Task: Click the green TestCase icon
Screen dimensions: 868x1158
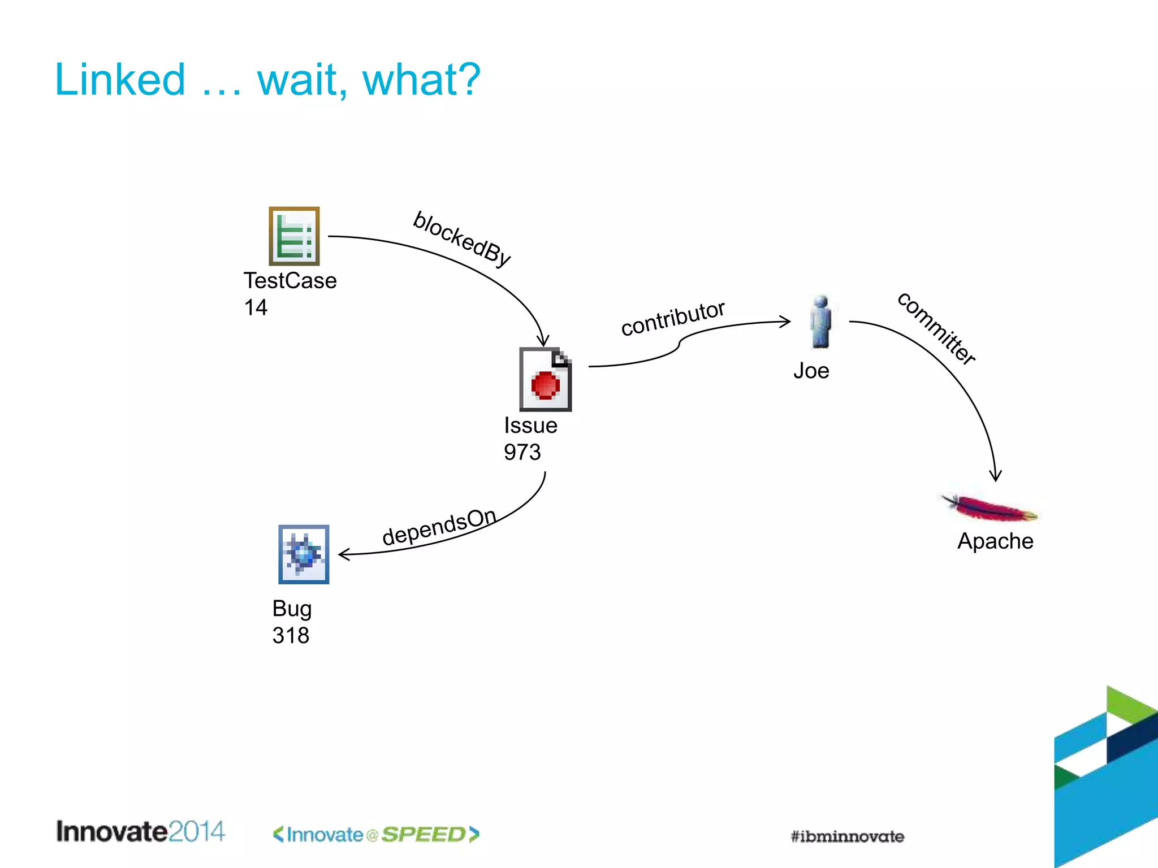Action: [294, 236]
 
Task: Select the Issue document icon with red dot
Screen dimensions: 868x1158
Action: [545, 379]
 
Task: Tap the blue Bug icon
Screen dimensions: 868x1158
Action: [304, 554]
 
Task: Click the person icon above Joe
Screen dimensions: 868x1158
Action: [820, 322]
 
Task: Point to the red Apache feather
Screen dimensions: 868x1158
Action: [988, 507]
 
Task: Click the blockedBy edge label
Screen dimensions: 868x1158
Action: [462, 239]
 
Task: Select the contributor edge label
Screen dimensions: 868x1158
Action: [672, 318]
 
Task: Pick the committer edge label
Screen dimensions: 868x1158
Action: [936, 328]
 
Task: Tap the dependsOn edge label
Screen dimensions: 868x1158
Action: [439, 527]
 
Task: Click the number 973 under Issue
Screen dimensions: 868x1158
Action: [522, 452]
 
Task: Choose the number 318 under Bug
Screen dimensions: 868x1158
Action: [291, 635]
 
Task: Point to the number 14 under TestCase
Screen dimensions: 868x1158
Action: [256, 307]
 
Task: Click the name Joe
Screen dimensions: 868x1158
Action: [811, 371]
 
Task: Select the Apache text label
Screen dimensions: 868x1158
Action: [995, 541]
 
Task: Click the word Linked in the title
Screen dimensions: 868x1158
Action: [120, 80]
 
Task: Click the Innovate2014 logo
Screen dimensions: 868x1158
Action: [140, 832]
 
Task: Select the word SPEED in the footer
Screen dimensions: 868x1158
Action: [424, 835]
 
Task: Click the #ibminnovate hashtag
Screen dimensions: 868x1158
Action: [847, 836]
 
